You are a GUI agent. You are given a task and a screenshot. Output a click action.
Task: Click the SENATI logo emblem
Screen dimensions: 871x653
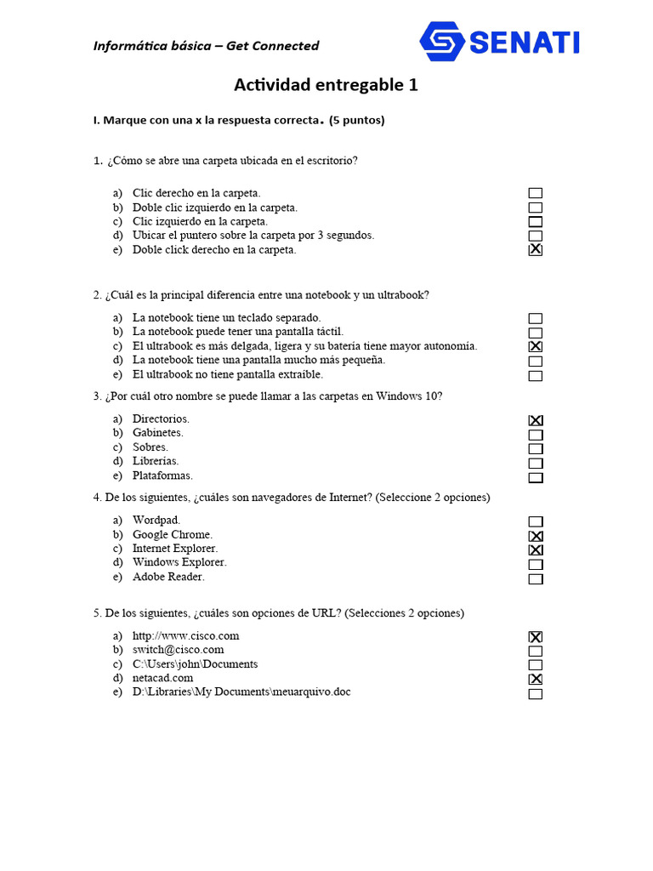442,42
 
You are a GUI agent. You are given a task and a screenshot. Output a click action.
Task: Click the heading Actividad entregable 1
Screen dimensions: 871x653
326,85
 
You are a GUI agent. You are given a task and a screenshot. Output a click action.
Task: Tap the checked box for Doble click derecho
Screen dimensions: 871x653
535,250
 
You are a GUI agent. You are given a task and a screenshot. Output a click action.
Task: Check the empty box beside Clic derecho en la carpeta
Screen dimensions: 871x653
535,193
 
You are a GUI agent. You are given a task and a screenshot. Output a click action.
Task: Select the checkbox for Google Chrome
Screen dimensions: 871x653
535,536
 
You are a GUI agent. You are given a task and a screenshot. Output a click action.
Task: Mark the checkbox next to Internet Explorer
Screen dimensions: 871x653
535,550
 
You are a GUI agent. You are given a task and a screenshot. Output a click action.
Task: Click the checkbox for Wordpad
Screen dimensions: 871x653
535,521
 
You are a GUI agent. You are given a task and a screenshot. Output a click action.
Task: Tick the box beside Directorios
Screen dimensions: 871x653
535,420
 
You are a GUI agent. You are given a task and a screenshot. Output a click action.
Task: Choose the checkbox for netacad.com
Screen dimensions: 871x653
535,679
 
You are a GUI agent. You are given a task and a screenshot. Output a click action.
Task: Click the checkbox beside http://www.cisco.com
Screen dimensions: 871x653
535,636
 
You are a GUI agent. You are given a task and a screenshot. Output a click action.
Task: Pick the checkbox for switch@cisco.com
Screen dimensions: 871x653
535,651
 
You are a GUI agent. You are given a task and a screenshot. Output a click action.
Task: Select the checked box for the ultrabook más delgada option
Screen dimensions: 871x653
535,347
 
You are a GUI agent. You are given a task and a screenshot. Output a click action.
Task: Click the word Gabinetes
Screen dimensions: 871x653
157,433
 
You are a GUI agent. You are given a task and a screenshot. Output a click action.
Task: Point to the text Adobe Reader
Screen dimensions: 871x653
168,577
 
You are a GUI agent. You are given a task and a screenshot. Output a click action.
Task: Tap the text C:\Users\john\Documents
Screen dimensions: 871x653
195,664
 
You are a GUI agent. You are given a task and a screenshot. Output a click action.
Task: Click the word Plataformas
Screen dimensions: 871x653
162,475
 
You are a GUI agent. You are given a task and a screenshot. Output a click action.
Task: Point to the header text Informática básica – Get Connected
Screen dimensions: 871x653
206,46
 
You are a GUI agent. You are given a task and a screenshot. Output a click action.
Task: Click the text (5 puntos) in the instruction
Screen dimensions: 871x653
357,120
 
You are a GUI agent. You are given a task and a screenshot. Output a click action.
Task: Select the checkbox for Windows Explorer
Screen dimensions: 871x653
535,565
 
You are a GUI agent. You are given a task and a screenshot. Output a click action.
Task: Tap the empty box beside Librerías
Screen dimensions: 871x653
535,464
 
